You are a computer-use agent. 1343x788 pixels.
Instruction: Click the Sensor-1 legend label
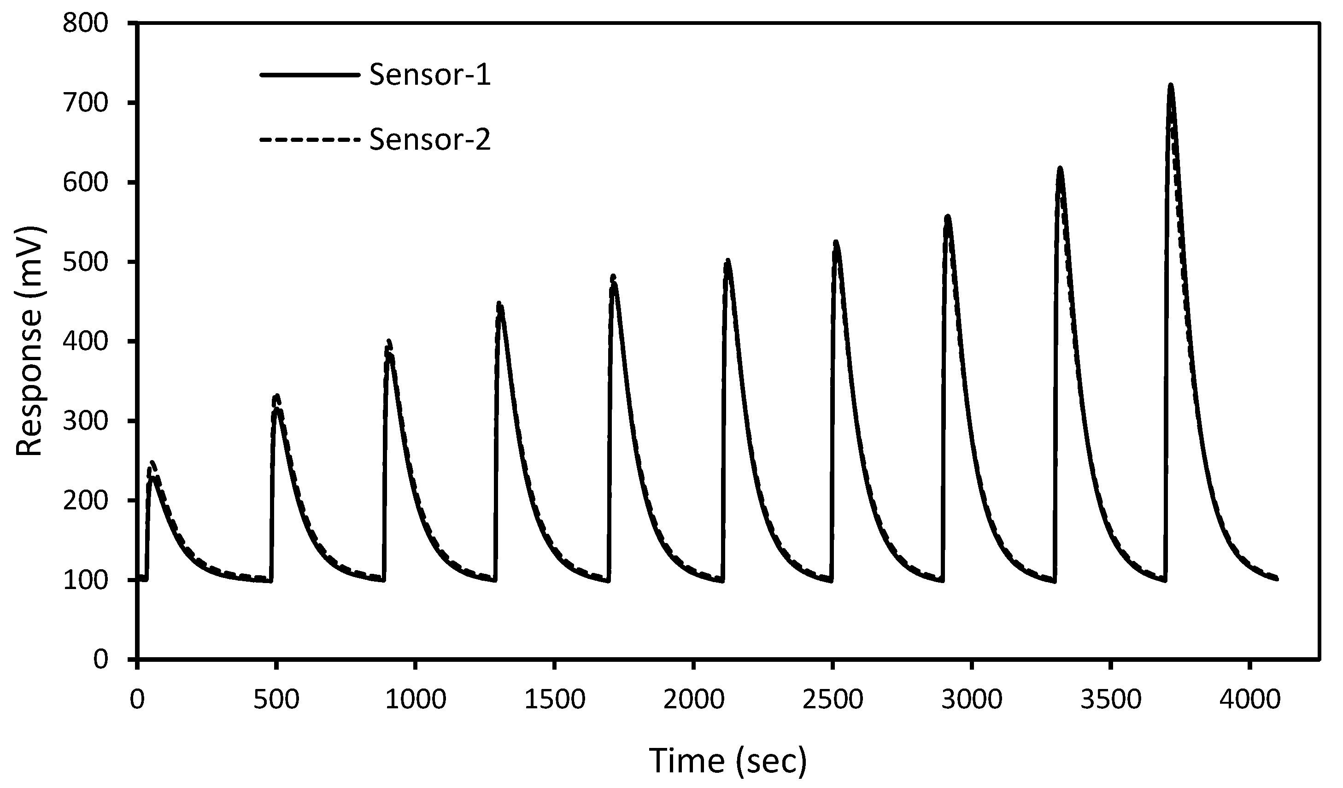429,75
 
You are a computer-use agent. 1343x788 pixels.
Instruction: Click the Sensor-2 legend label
429,140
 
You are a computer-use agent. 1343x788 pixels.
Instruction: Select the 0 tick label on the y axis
100,660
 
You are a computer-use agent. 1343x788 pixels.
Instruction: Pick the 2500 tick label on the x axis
833,700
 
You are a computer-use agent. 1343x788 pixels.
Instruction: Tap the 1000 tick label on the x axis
415,700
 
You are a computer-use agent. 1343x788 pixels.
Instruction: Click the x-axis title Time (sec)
728,760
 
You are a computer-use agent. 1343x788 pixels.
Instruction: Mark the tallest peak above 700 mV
1167,86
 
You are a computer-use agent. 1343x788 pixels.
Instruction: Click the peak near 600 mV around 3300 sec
1060,169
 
